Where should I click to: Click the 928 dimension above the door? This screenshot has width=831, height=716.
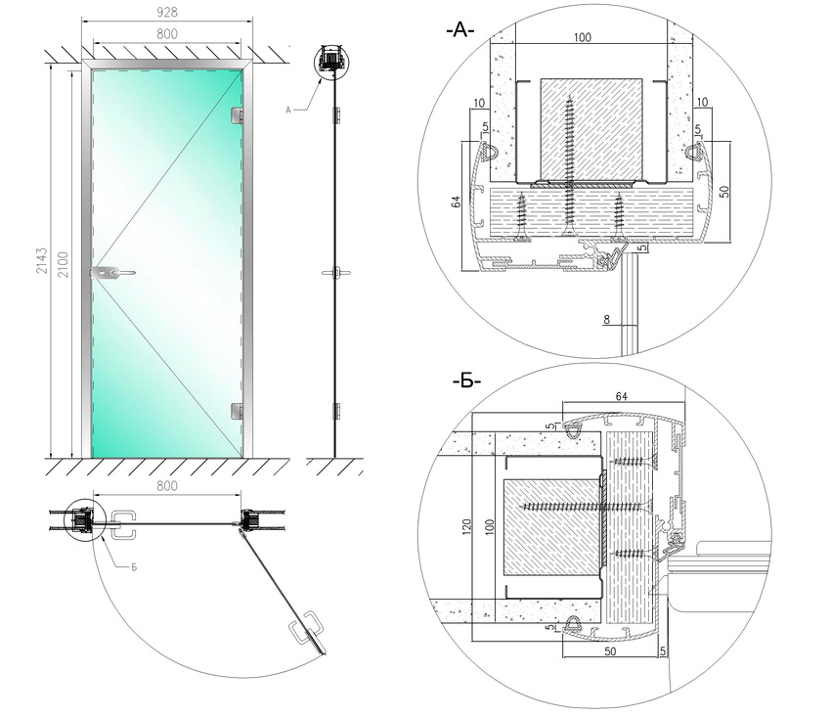click(167, 13)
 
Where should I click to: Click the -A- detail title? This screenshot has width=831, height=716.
click(459, 31)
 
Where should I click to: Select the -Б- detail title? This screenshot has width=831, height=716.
click(466, 380)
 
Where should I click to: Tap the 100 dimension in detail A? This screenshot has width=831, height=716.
click(583, 37)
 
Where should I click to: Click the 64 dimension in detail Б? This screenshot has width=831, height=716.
click(622, 396)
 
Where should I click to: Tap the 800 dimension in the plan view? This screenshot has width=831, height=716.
click(167, 483)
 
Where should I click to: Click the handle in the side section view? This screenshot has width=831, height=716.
click(334, 273)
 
